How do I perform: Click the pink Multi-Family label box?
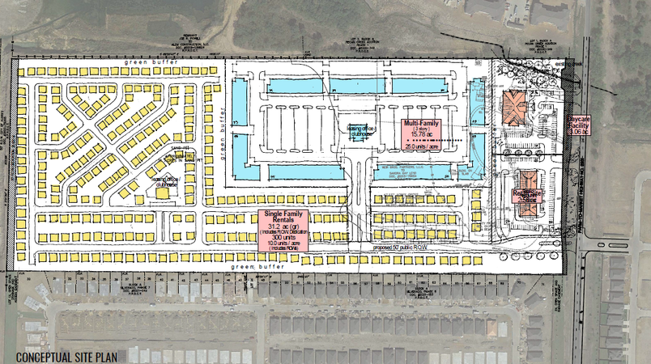pyautogui.click(x=419, y=133)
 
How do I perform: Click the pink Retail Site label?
pyautogui.click(x=526, y=196)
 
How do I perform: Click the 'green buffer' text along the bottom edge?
pyautogui.click(x=254, y=266)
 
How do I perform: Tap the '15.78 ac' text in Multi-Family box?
pyautogui.click(x=419, y=135)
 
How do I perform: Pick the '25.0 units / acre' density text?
pyautogui.click(x=419, y=148)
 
